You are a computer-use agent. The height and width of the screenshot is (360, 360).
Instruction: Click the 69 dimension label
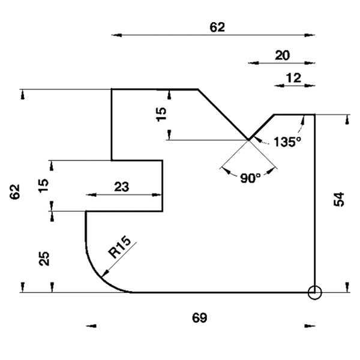[200, 318]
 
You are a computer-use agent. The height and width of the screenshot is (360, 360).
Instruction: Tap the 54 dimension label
[339, 200]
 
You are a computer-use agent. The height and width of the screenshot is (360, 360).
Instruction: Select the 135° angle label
[287, 142]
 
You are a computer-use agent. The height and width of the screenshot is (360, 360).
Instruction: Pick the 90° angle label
[250, 178]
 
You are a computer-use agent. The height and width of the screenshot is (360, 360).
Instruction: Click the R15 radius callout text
[119, 247]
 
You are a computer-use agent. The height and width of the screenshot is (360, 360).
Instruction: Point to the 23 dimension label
[121, 187]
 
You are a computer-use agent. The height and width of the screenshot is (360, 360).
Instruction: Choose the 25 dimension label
[44, 259]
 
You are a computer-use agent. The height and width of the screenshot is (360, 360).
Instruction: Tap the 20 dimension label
[283, 55]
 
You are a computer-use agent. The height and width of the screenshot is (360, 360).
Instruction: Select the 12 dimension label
[293, 78]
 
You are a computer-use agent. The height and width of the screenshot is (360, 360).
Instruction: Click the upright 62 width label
[217, 28]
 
